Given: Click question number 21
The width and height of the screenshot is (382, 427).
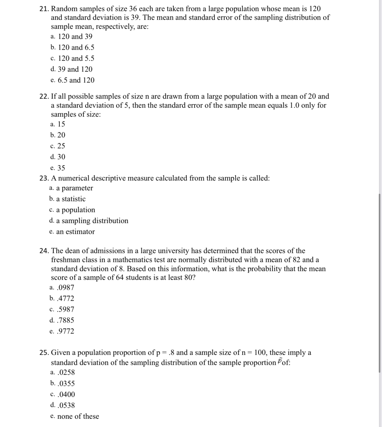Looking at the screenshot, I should point(44,9).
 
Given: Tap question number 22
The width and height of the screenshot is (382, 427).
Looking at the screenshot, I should point(44,97).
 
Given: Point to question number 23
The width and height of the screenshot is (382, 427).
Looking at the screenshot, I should point(44,178).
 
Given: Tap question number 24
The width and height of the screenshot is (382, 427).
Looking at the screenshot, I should point(44,251).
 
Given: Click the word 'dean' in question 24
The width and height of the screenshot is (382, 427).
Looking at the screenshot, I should point(72,251).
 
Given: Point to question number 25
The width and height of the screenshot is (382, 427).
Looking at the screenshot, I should point(44,353).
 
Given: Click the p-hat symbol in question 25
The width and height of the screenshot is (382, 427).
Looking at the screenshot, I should point(279,362).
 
